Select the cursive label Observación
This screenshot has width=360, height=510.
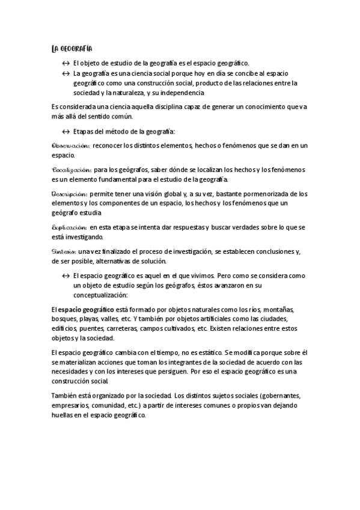point(71,146)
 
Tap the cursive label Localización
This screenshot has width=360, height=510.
point(72,170)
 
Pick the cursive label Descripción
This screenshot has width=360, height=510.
point(70,194)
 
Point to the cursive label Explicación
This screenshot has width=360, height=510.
point(70,227)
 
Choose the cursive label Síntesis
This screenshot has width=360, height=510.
point(64,252)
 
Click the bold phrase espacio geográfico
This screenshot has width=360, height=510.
point(87,310)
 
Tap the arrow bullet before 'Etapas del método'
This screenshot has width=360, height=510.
point(66,132)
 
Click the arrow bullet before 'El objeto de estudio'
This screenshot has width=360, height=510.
point(66,63)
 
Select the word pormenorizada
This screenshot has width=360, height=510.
point(277,194)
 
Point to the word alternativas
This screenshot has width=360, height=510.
point(127,262)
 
